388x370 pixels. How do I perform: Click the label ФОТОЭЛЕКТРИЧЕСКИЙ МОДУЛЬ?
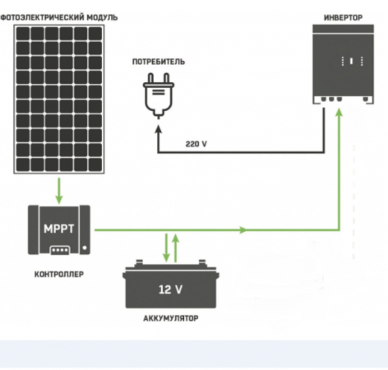click(59, 17)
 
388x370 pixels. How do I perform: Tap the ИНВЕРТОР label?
click(343, 17)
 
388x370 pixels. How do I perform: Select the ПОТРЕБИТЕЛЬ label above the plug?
click(159, 62)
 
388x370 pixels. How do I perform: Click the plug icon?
click(159, 95)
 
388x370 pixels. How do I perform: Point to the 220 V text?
click(196, 144)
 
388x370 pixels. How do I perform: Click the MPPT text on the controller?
click(59, 229)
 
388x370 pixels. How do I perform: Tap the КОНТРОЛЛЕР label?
click(59, 274)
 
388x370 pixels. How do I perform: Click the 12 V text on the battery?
click(170, 289)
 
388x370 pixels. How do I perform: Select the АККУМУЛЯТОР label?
click(171, 318)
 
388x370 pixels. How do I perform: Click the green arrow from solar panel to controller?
click(59, 191)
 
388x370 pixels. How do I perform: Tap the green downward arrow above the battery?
click(166, 247)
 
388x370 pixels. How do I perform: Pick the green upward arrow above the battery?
click(176, 248)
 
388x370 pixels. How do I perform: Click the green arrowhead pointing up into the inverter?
click(339, 113)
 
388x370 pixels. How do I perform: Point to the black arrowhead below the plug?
click(158, 130)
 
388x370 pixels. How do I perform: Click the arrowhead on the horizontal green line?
click(242, 230)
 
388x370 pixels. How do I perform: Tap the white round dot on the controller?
click(85, 247)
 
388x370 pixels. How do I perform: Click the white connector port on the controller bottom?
click(60, 250)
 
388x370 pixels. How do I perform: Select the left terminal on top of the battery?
click(139, 262)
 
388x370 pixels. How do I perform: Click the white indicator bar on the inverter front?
click(351, 61)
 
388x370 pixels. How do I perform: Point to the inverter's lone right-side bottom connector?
click(366, 99)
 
